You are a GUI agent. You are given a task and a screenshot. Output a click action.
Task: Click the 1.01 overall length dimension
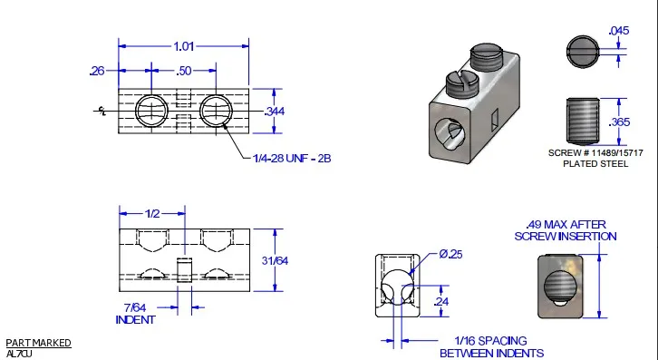pyautogui.click(x=184, y=46)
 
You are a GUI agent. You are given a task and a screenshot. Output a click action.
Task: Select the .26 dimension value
pyautogui.click(x=97, y=71)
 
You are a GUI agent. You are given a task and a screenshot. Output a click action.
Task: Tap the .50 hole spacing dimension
pyautogui.click(x=184, y=71)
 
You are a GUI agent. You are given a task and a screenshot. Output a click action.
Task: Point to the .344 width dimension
pyautogui.click(x=275, y=112)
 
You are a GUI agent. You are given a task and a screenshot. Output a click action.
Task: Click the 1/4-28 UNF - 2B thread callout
pyautogui.click(x=292, y=159)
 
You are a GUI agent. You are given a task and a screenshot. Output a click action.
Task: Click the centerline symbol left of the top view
pyautogui.click(x=102, y=111)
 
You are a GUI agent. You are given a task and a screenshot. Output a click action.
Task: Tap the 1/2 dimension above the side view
pyautogui.click(x=152, y=213)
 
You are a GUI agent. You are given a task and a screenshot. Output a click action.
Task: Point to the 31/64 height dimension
pyautogui.click(x=275, y=260)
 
